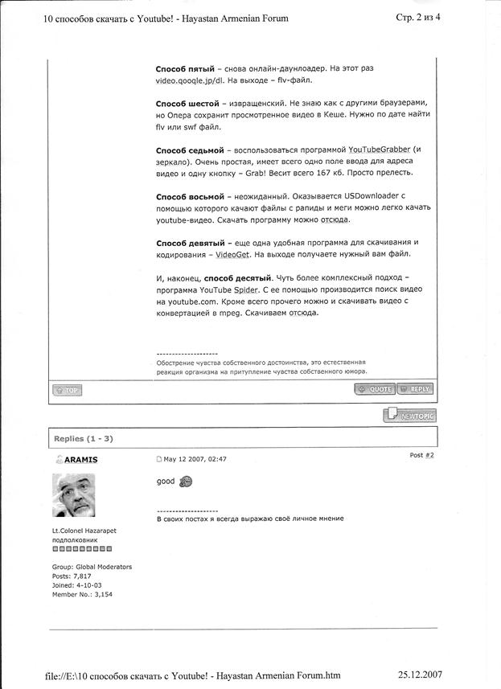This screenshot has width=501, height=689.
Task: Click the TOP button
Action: coord(68,390)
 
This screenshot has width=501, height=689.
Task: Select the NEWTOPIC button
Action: coord(410,415)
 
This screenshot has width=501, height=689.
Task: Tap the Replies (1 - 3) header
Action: coord(84,438)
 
